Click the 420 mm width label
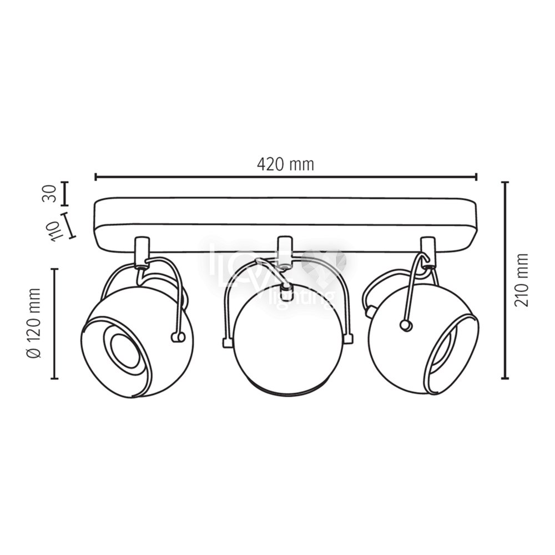[285, 165]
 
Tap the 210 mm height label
[521, 280]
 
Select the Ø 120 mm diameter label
[34, 323]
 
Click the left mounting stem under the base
[142, 251]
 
